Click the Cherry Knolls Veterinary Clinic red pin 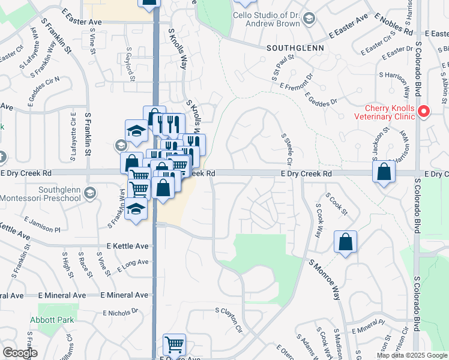click(x=424, y=112)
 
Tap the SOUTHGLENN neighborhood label click(x=295, y=47)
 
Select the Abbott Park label click(x=55, y=320)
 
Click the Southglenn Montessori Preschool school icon click(x=90, y=193)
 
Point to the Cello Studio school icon click(x=309, y=19)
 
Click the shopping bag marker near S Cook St click(x=346, y=242)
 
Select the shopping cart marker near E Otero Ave click(x=174, y=345)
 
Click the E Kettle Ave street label click(x=127, y=246)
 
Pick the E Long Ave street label click(x=133, y=265)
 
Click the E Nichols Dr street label click(x=121, y=313)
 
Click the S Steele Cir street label click(x=286, y=150)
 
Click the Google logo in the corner click(x=19, y=353)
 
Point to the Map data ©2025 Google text click(x=412, y=355)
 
